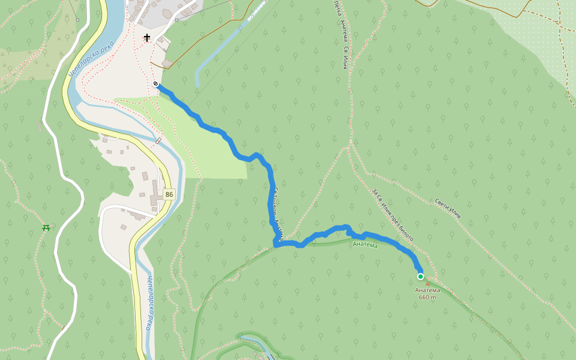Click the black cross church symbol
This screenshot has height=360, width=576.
[x=147, y=38]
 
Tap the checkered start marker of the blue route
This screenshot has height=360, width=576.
[x=155, y=84]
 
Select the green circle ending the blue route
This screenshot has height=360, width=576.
[x=421, y=277]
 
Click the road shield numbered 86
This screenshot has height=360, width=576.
[x=169, y=194]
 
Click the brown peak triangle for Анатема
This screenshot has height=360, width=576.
[x=428, y=284]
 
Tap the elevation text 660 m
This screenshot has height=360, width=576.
[x=427, y=297]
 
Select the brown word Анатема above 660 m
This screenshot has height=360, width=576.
[x=427, y=290]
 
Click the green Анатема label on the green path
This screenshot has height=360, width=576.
[x=365, y=244]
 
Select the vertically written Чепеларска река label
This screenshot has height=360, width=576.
[x=148, y=303]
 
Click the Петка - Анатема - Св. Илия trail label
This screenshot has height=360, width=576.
[x=340, y=35]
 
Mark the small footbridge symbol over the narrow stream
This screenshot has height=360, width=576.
[x=158, y=140]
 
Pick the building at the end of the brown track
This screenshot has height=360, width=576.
[x=167, y=63]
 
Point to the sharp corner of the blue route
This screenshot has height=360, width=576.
[x=275, y=244]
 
